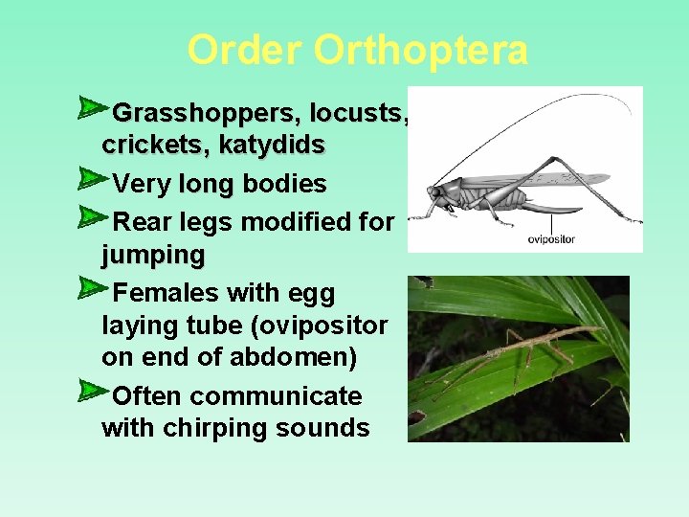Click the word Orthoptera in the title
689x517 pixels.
(x=420, y=51)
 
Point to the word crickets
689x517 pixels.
(x=155, y=146)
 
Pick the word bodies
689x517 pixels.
(x=285, y=184)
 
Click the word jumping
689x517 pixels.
(x=153, y=257)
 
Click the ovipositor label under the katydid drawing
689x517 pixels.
(x=552, y=239)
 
